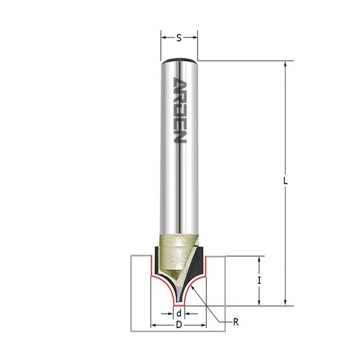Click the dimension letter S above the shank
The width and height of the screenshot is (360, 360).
tap(179, 38)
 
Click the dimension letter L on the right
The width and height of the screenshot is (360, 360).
tap(285, 181)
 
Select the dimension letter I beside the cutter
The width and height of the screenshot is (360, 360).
tap(259, 281)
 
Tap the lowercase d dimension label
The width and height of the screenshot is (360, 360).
tap(179, 313)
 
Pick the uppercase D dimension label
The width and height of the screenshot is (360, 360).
tap(179, 325)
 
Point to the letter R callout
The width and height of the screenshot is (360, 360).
tap(236, 322)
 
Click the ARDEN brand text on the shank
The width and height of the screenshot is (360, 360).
tap(179, 110)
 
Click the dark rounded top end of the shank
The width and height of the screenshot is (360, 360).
tap(179, 60)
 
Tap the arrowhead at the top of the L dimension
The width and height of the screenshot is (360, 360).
tap(285, 64)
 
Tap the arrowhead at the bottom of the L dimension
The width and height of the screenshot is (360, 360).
tap(285, 303)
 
